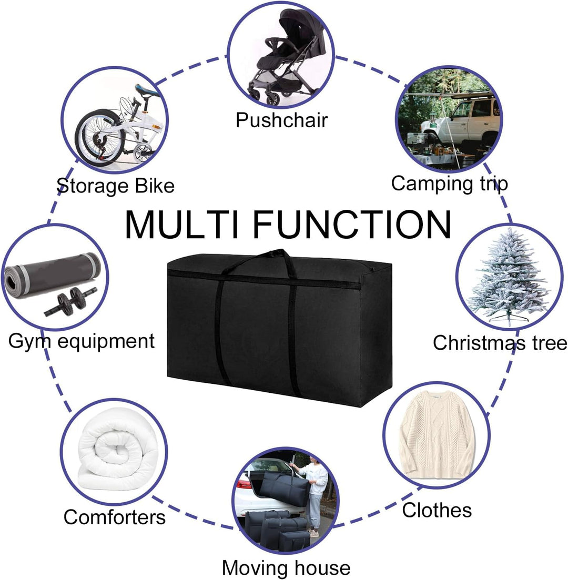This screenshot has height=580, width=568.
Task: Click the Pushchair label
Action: pyautogui.click(x=281, y=120)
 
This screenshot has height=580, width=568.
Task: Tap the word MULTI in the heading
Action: pyautogui.click(x=182, y=225)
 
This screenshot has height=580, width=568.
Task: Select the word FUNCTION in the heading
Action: pyautogui.click(x=352, y=225)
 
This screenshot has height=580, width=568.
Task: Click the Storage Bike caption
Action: pyautogui.click(x=116, y=186)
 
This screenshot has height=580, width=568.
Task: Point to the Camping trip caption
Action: pyautogui.click(x=449, y=184)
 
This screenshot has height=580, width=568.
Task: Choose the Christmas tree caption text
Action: pyautogui.click(x=500, y=342)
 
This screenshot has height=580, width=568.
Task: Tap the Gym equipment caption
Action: pyautogui.click(x=82, y=341)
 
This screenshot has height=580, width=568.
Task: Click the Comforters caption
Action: pyautogui.click(x=114, y=517)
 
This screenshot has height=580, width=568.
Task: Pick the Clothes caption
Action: pyautogui.click(x=437, y=510)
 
